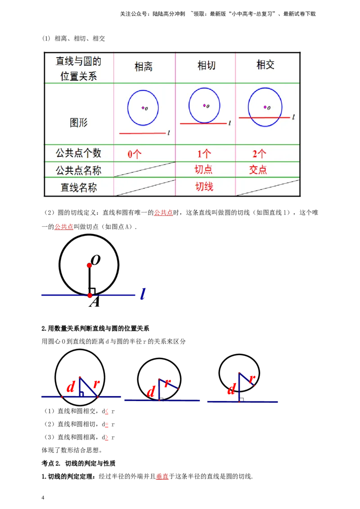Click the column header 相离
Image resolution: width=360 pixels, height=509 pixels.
coord(144,67)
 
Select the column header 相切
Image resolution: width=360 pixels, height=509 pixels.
coord(207,66)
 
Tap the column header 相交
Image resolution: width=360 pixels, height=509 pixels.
coord(265,65)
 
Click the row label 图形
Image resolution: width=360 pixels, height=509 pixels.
coord(79,122)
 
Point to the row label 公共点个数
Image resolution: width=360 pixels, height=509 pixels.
coord(79,153)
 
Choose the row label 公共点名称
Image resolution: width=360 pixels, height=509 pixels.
coord(79,170)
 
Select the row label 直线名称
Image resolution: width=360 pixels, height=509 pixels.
coord(79,188)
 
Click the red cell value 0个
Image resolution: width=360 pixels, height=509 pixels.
coord(135,154)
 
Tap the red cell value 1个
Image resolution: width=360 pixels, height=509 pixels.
coord(204,154)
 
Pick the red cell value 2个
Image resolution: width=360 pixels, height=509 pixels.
coord(259,154)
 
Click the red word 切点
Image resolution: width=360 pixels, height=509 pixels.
coord(203,170)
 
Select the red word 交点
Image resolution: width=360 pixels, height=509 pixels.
coord(258,170)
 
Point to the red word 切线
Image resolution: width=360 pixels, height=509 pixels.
coord(204,187)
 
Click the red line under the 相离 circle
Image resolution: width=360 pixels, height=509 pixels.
coord(142,133)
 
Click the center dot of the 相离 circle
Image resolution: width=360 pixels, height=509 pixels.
coord(143,107)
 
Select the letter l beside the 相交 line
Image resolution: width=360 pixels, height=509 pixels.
coord(293,117)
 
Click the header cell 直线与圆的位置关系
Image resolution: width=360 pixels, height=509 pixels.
coord(79,68)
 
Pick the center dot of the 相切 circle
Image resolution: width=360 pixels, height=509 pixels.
coord(204,106)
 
